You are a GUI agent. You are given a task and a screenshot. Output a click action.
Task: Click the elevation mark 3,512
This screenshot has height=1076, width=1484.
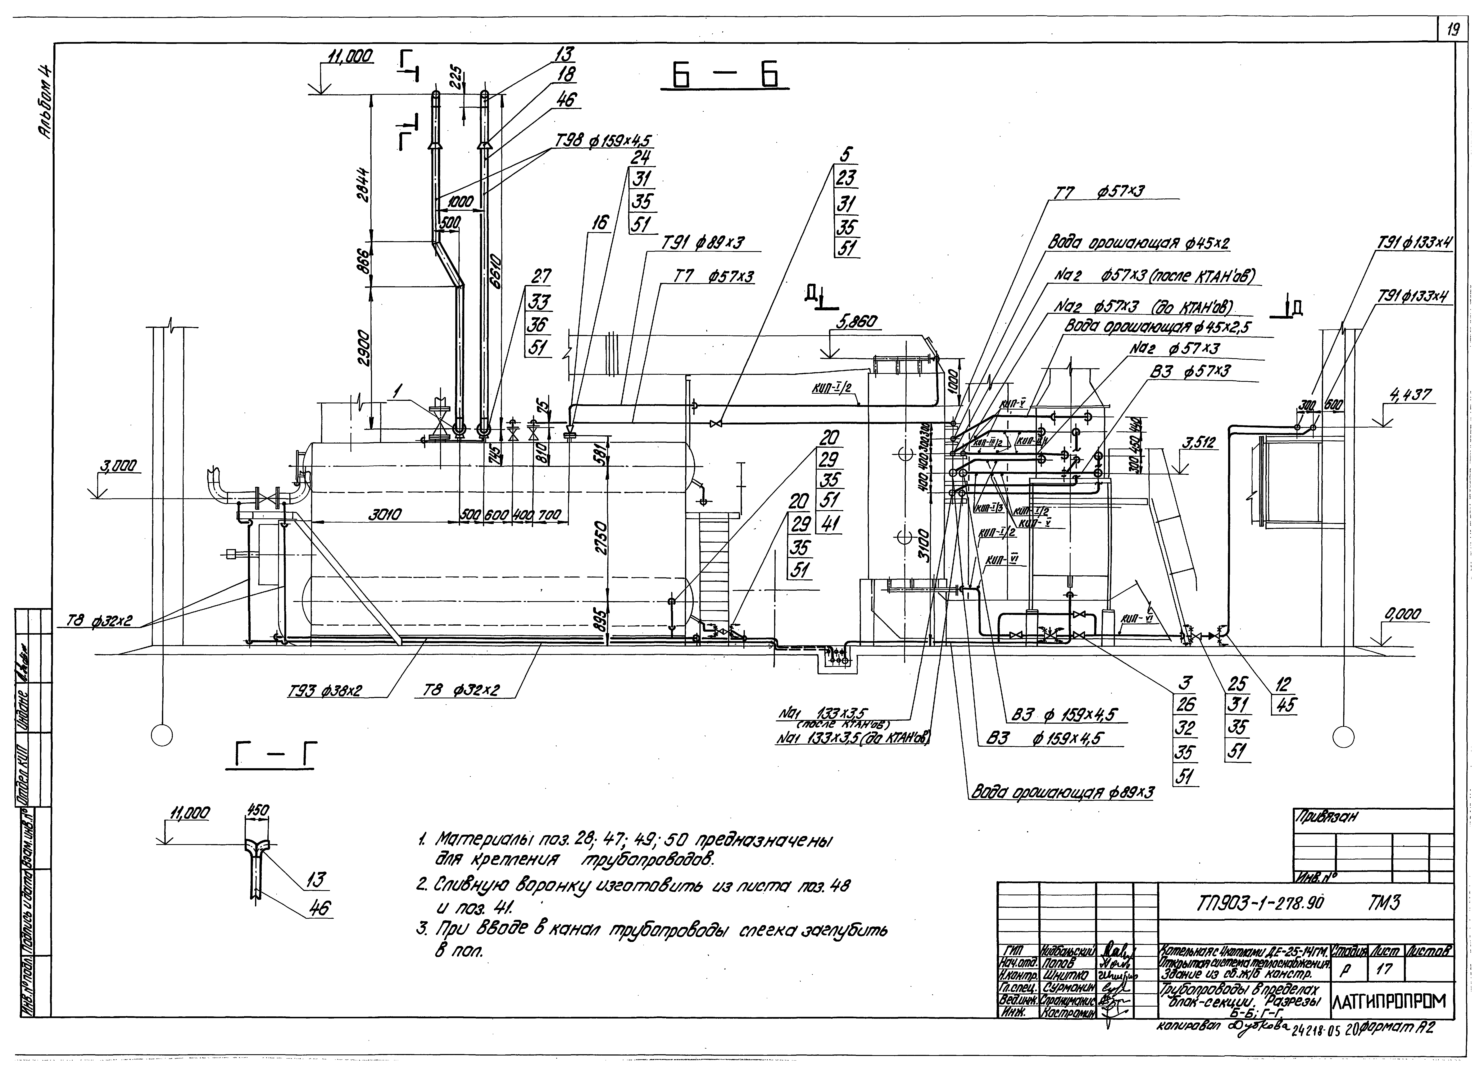tap(1199, 443)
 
